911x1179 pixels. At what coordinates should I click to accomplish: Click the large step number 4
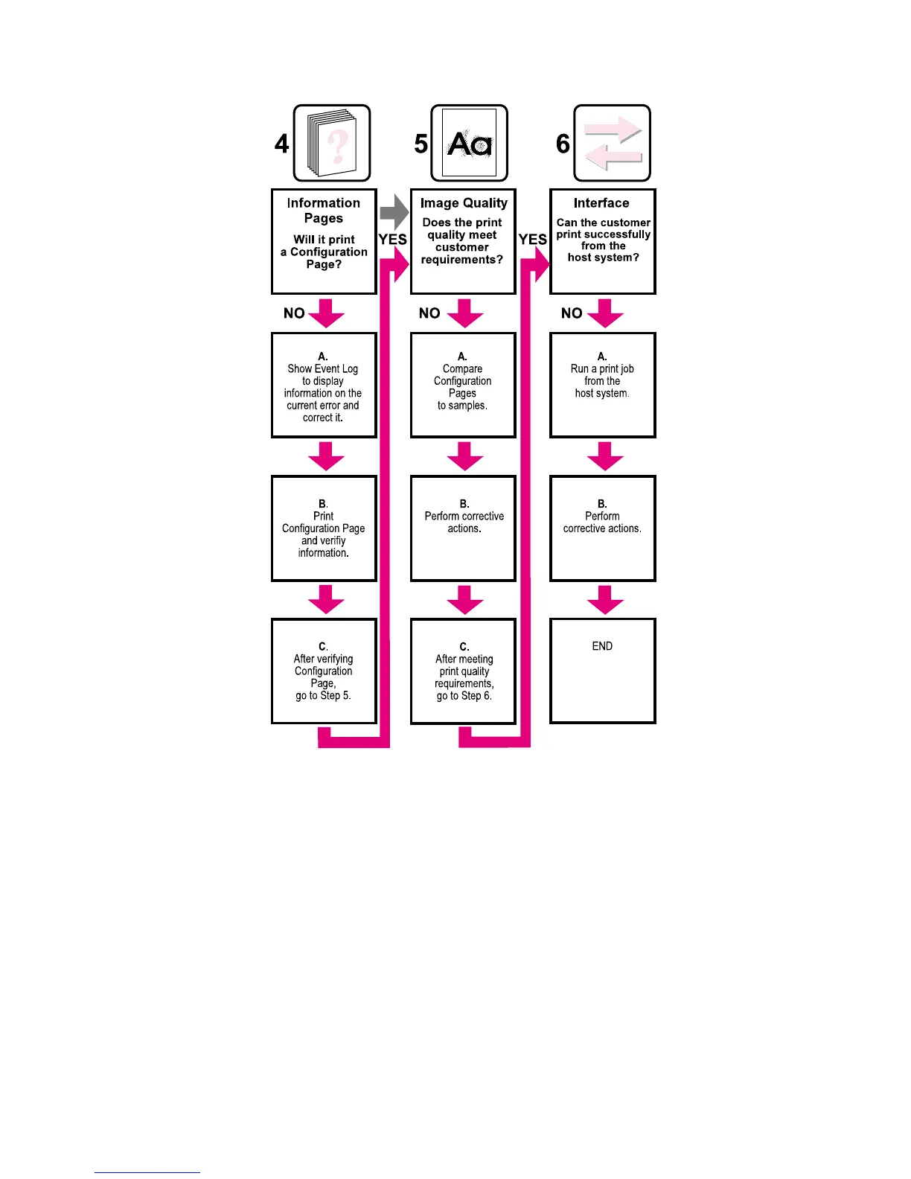[281, 144]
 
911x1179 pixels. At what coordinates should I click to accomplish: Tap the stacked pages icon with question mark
[332, 143]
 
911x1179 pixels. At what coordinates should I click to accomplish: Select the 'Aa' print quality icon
[470, 143]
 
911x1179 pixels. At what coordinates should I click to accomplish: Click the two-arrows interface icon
[613, 143]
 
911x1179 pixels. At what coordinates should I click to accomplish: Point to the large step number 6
[563, 144]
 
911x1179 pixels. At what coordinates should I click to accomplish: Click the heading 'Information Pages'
[324, 210]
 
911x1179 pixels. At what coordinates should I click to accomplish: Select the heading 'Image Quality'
[464, 202]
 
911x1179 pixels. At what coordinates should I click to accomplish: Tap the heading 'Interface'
[601, 202]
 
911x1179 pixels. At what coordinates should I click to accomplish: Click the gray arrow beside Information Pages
[394, 213]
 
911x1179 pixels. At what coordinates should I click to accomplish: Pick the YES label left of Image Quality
[392, 239]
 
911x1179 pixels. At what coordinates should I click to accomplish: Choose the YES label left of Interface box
[532, 239]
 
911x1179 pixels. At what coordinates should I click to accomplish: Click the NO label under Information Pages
[294, 313]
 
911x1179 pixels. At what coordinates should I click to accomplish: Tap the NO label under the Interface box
[572, 313]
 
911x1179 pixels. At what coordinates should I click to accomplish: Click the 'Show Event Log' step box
[324, 385]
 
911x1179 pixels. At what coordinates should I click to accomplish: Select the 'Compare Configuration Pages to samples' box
[463, 385]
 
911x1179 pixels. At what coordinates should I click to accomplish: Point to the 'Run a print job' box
[602, 385]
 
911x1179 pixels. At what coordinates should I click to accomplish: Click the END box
[602, 670]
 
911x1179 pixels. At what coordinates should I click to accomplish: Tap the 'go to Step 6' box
[463, 671]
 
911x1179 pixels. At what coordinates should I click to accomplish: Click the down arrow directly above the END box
[605, 599]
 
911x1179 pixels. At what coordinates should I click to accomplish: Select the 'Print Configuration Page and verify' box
[324, 528]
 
